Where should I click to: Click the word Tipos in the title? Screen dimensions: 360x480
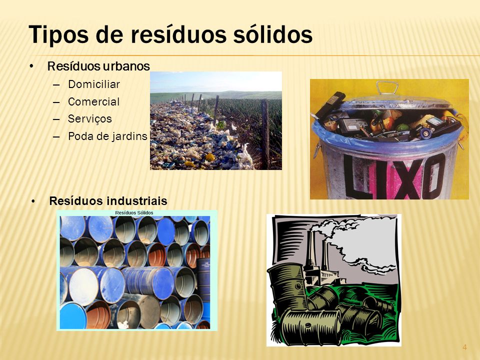[55, 35]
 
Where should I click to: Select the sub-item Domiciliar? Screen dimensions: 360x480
[94, 84]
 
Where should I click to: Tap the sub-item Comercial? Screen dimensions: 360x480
[93, 101]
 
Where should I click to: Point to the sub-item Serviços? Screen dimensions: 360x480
[90, 119]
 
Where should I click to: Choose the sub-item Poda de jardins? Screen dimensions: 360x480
[107, 136]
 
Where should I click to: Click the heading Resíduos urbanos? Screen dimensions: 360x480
[98, 66]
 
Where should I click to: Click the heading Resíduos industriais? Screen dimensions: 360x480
[108, 201]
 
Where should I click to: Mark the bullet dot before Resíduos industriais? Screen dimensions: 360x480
[33, 201]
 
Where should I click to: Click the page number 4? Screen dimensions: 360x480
[464, 347]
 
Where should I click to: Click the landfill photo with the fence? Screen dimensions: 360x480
[215, 120]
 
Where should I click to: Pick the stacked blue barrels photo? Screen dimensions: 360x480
[136, 272]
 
